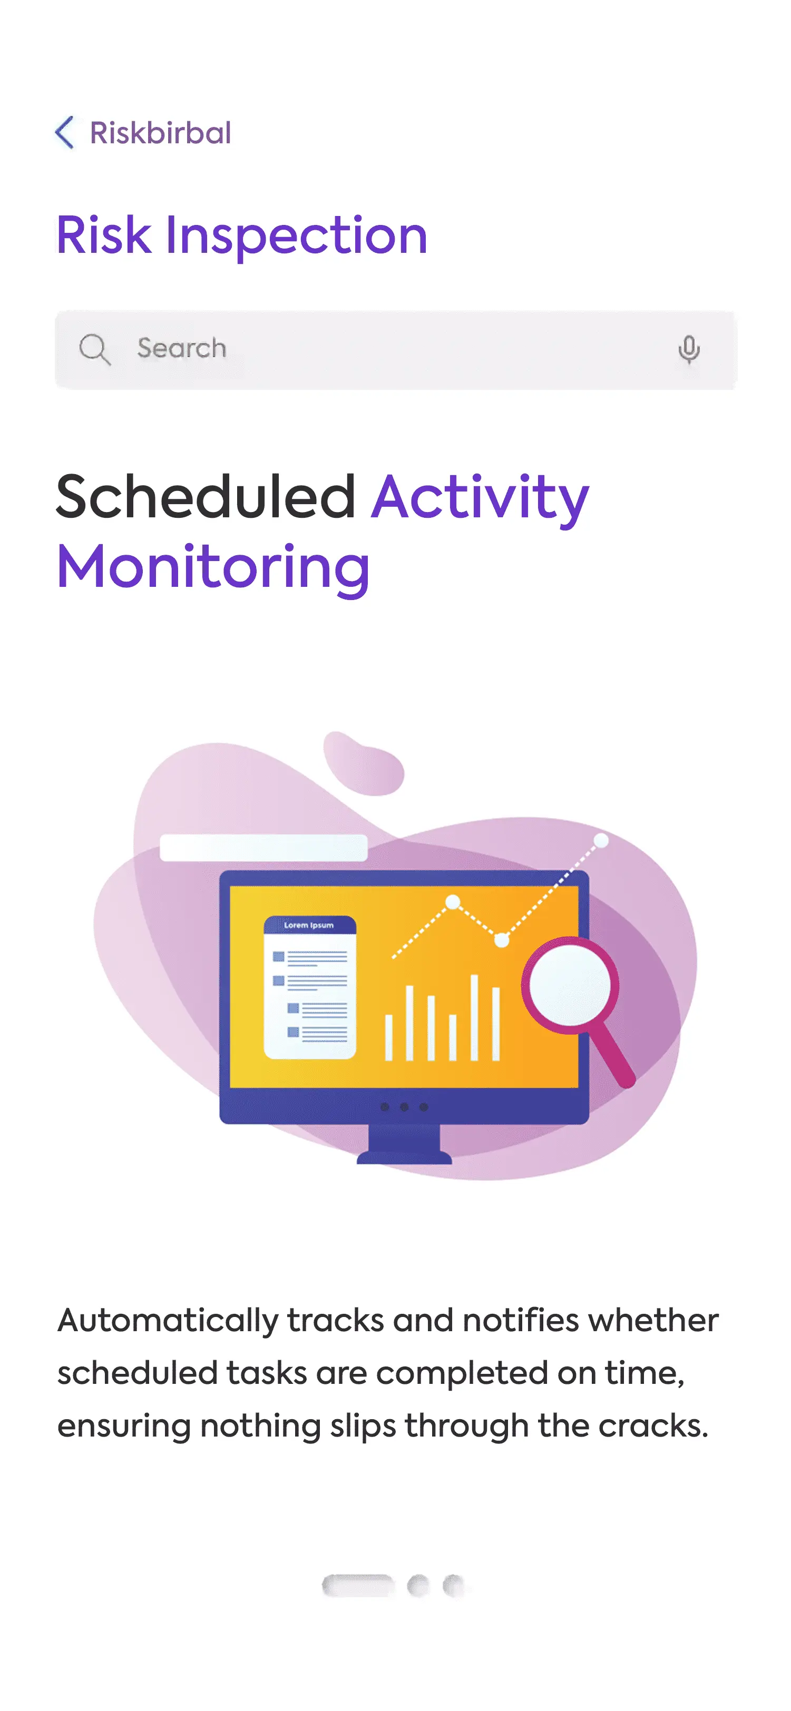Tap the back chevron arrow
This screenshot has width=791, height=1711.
pyautogui.click(x=64, y=132)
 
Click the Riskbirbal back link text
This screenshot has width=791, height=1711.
pyautogui.click(x=160, y=133)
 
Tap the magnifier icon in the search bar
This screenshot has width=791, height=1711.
pyautogui.click(x=94, y=349)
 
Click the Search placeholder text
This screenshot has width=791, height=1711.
pyautogui.click(x=181, y=348)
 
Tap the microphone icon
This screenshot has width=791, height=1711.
pyautogui.click(x=689, y=349)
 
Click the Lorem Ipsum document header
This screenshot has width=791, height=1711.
pyautogui.click(x=309, y=925)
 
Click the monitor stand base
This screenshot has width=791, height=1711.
pyautogui.click(x=404, y=1156)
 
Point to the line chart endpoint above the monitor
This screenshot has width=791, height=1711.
pyautogui.click(x=601, y=841)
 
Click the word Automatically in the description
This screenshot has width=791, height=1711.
pyautogui.click(x=168, y=1321)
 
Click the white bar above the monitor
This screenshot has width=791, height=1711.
pyautogui.click(x=263, y=848)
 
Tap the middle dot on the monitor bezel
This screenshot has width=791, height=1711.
pyautogui.click(x=404, y=1107)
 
